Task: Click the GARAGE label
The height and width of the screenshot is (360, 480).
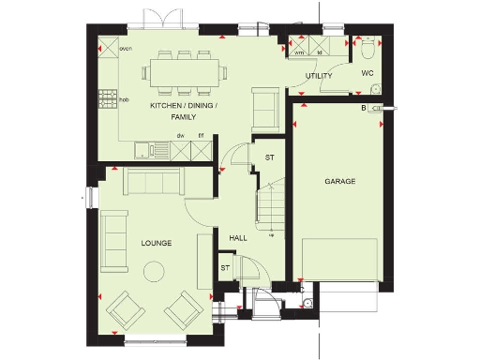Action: pos(339,181)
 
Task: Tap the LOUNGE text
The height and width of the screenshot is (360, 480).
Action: pos(157,243)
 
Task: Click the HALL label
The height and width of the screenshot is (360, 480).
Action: pos(238,238)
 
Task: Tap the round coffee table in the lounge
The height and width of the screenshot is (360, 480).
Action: pos(152,272)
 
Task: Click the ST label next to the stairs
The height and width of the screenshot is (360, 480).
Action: pos(269,157)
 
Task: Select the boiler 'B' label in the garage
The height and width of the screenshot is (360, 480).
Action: pos(364,109)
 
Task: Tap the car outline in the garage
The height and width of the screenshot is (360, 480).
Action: pos(339,259)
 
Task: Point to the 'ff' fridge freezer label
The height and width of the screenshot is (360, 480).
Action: pos(200,135)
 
